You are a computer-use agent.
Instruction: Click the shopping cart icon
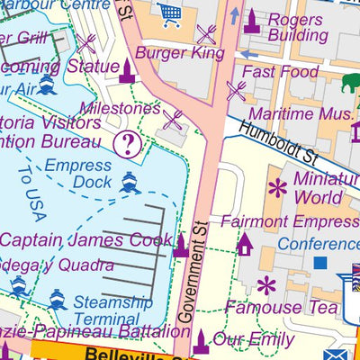[x=169, y=13]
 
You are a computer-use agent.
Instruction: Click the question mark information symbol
[x=128, y=142]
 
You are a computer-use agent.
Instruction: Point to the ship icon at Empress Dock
[x=129, y=184]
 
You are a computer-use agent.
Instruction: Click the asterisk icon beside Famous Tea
[x=265, y=287]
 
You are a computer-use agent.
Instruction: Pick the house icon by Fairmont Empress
[x=243, y=242]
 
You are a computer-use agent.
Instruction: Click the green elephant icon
[x=350, y=84]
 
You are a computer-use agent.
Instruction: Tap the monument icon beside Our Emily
[x=201, y=340]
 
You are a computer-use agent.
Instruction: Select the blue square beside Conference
[x=319, y=263]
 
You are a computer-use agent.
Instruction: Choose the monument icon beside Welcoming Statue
[x=127, y=70]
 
